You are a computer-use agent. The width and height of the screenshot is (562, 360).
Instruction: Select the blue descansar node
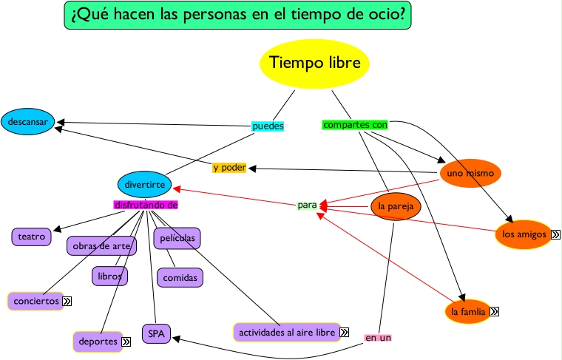pos(28,120)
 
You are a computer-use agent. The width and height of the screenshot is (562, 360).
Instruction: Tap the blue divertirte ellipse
pos(145,184)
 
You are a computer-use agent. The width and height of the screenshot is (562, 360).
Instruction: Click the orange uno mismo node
pos(470,174)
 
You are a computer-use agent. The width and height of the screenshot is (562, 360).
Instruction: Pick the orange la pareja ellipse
pos(396,206)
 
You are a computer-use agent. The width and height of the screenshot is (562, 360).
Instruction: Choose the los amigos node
pos(524,235)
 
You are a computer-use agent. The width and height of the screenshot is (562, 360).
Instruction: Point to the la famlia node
pos(468,312)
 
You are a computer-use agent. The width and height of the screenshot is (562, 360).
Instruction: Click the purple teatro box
pos(32,237)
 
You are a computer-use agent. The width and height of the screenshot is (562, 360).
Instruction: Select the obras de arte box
pos(101,245)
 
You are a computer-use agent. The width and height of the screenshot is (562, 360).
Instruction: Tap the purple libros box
pos(109,276)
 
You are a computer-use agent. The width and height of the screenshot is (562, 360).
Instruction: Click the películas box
pos(177,238)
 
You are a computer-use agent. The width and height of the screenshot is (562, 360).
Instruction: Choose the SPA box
pos(156,334)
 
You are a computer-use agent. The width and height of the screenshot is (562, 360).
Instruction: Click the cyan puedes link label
pos(268,126)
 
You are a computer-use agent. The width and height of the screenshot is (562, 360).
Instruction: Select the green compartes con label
pos(355,125)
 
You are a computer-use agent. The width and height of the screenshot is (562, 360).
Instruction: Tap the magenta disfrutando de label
pos(146,205)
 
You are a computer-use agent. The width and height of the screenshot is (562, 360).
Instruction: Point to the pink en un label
pos(378,338)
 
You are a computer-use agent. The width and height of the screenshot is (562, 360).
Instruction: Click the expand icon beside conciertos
pos(67,301)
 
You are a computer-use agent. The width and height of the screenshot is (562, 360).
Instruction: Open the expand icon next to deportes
pos(126,342)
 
